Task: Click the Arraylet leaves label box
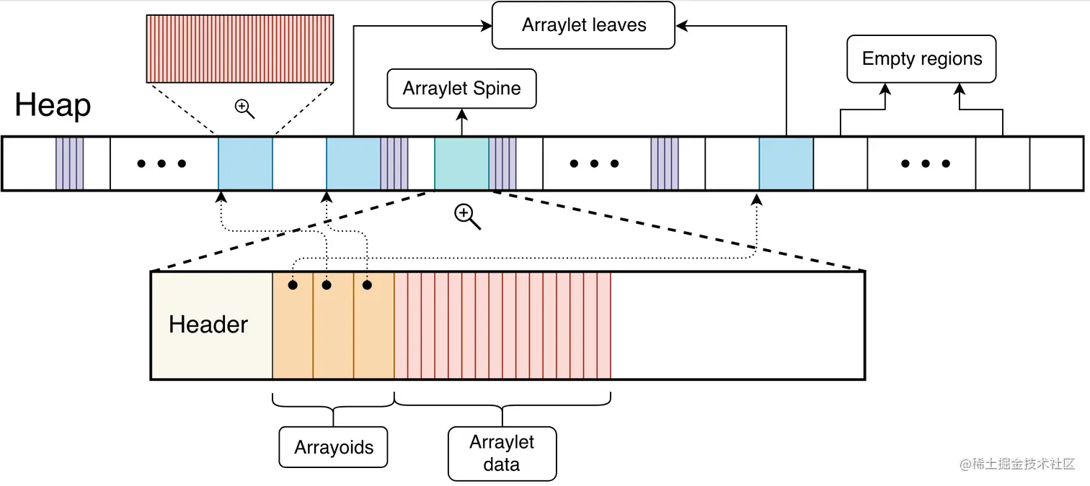tap(583, 25)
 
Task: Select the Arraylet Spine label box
tap(461, 89)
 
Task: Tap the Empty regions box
tap(921, 59)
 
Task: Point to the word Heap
tap(53, 105)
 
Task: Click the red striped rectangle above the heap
tap(239, 48)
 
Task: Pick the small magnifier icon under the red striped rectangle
tap(245, 109)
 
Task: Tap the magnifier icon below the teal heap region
tap(466, 216)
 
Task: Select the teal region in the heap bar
tap(461, 163)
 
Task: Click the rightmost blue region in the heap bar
tap(786, 163)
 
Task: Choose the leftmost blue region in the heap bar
tap(245, 163)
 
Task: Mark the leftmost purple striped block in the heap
tap(70, 163)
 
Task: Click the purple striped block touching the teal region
tap(502, 163)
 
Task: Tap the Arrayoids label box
tap(334, 447)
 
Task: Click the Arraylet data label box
tap(502, 453)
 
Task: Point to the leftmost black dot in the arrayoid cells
tap(293, 285)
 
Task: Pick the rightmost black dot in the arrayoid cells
tap(367, 285)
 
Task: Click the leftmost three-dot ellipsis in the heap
tap(161, 164)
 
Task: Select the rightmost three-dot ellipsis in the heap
tap(926, 164)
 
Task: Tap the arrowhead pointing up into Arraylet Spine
tap(461, 113)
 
